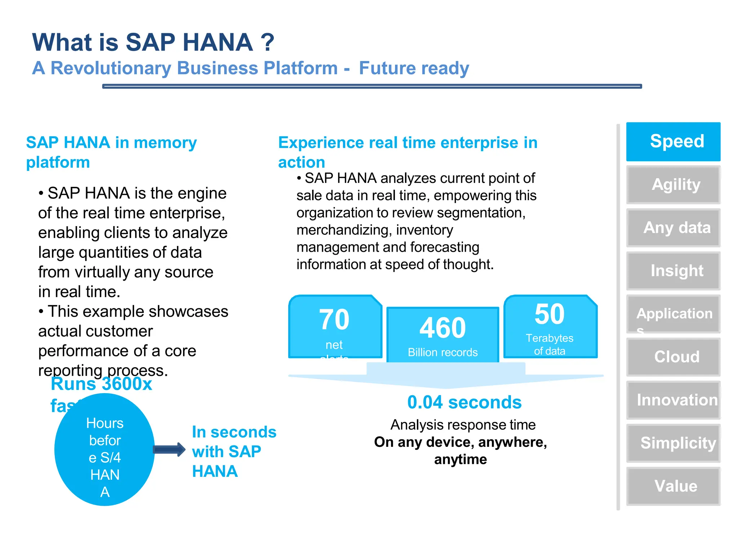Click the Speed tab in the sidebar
click(673, 141)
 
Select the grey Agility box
click(673, 185)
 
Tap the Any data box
click(673, 228)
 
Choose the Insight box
click(673, 271)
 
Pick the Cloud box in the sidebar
click(673, 357)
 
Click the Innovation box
click(673, 400)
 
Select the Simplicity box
click(673, 443)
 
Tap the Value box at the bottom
click(673, 486)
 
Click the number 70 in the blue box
click(334, 320)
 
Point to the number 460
click(443, 328)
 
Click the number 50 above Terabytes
click(549, 314)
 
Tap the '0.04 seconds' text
click(464, 402)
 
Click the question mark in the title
click(267, 42)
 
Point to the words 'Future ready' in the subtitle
click(414, 68)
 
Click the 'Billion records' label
click(443, 352)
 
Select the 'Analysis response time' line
click(463, 425)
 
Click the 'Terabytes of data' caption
click(549, 344)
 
